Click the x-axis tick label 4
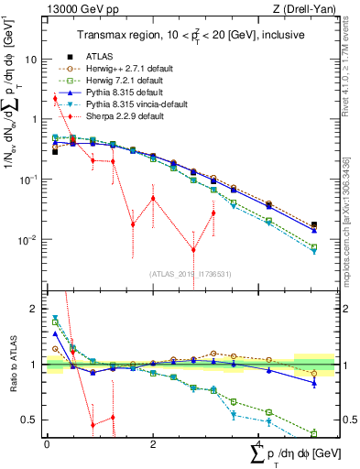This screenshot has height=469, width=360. click(258, 444)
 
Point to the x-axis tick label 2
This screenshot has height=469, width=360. click(152, 444)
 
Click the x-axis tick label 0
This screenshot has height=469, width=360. click(47, 444)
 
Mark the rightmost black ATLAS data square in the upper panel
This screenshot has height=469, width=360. click(314, 224)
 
